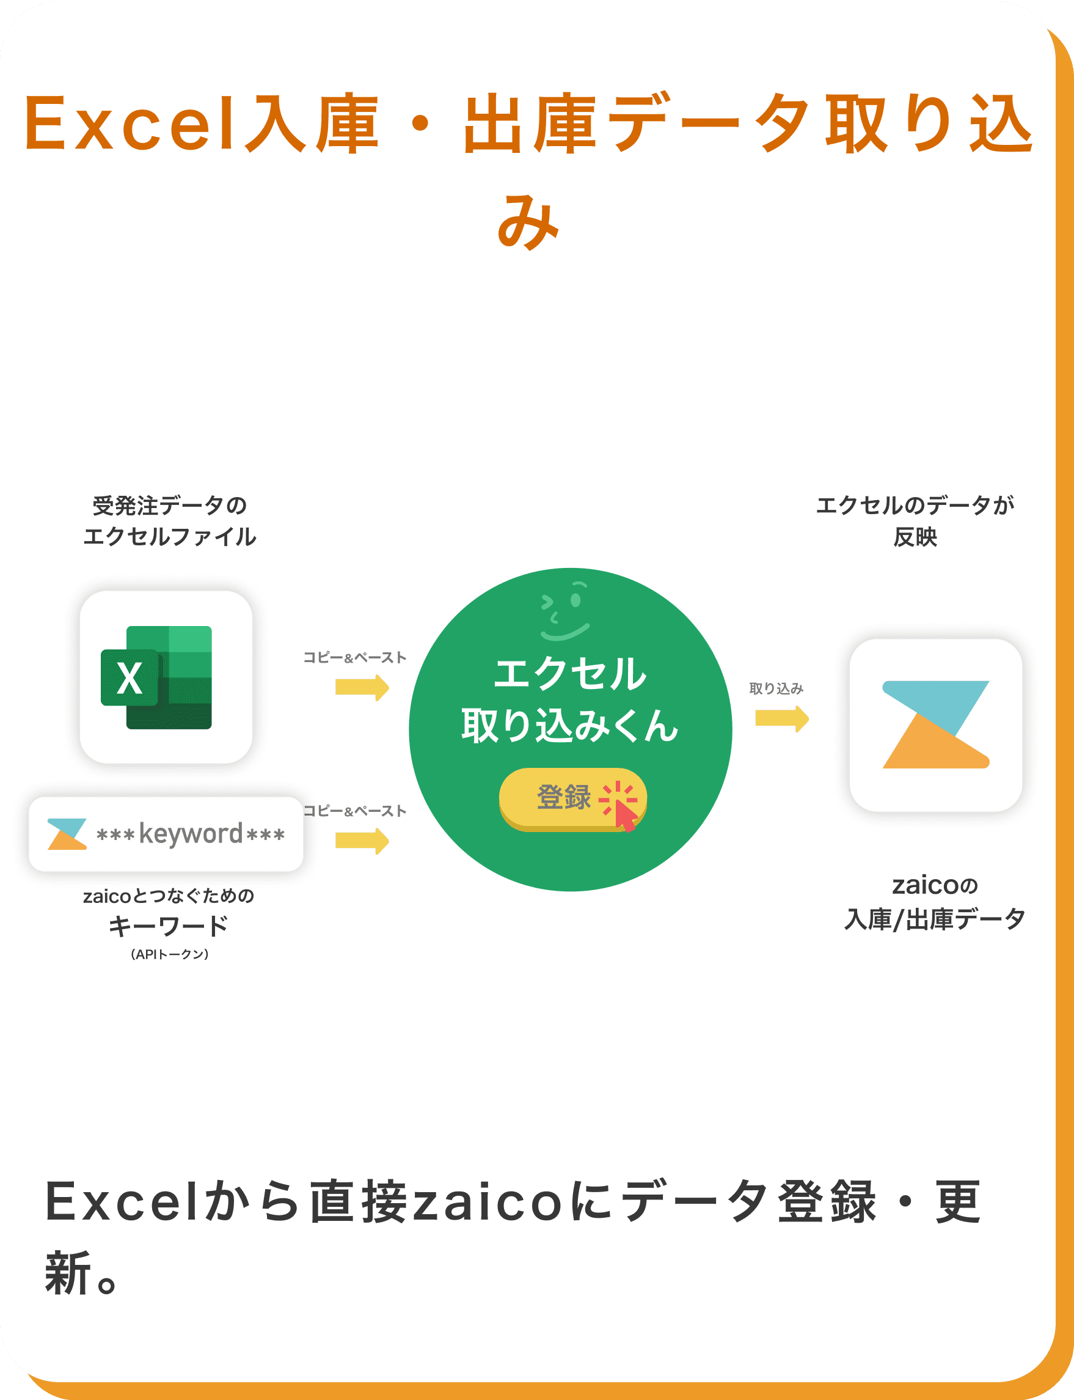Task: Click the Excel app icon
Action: point(166,677)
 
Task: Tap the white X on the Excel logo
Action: point(130,678)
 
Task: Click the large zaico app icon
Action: point(935,724)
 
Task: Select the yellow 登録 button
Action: point(573,800)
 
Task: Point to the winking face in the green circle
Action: point(564,611)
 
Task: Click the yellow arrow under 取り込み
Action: point(782,719)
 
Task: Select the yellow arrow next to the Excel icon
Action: point(362,688)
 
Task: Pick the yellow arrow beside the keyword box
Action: point(362,841)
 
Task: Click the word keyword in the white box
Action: point(191,834)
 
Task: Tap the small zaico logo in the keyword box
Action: point(67,834)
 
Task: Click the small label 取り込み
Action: point(776,688)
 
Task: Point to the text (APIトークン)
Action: point(169,954)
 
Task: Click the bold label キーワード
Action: point(169,926)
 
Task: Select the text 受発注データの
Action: point(170,505)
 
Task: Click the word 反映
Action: point(915,537)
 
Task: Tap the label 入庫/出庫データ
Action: point(935,919)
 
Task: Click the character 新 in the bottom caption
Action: point(68,1273)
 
